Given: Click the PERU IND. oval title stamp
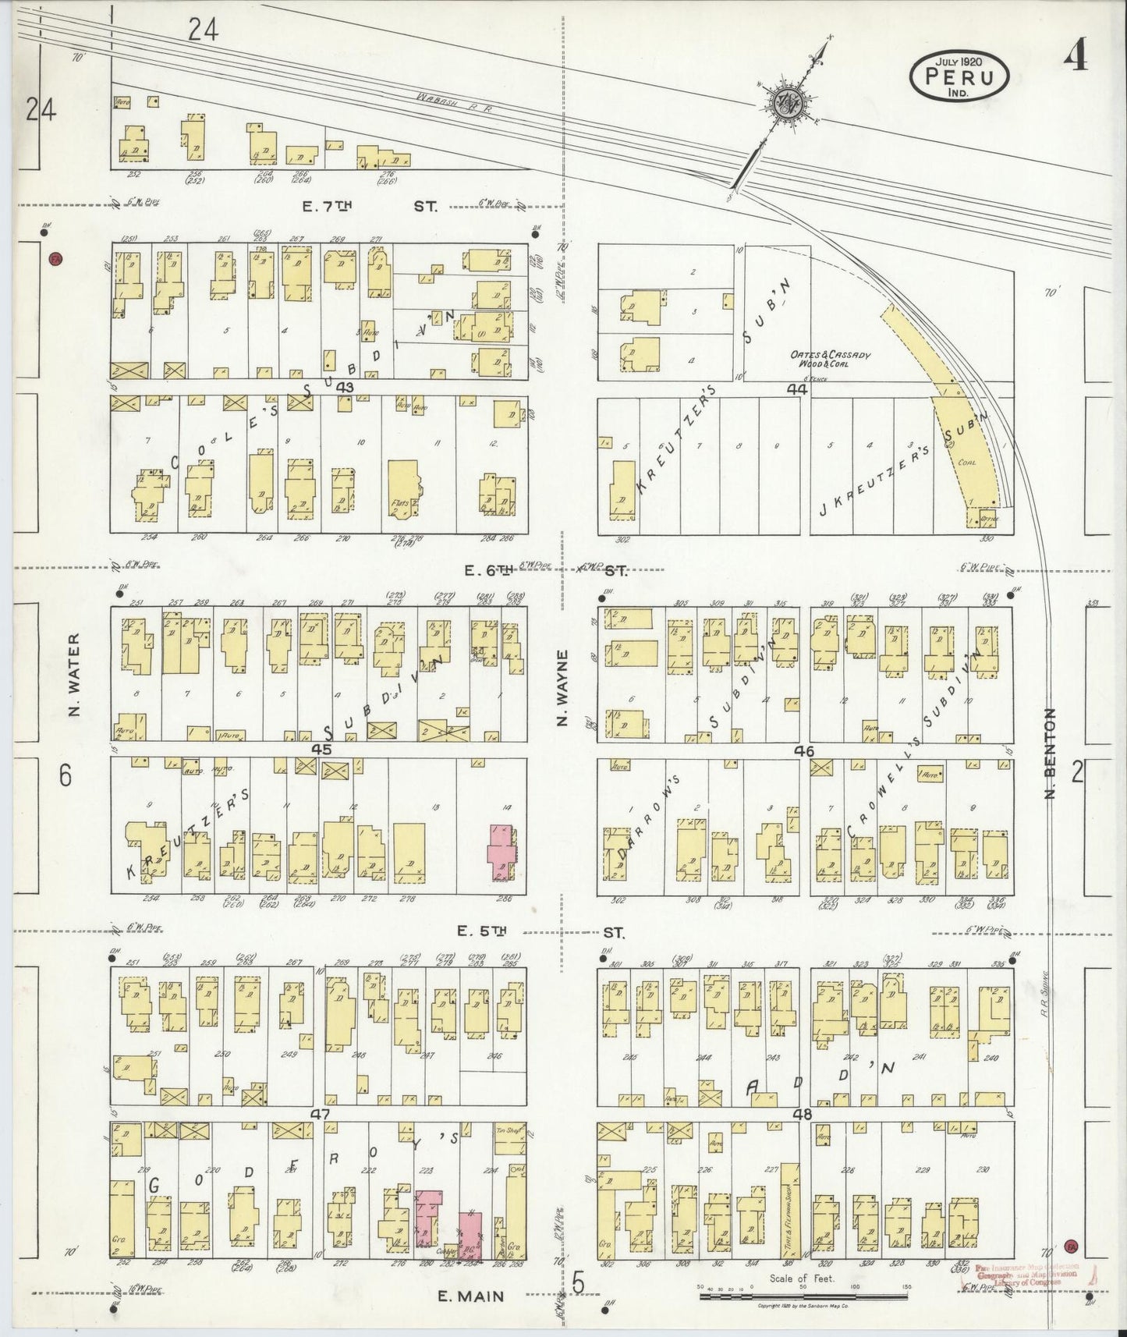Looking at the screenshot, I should [x=959, y=76].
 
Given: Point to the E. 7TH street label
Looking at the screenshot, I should [x=328, y=207].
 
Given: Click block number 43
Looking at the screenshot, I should [x=345, y=388].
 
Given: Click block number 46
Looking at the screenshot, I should [x=804, y=750].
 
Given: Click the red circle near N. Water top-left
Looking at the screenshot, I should [x=54, y=259].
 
